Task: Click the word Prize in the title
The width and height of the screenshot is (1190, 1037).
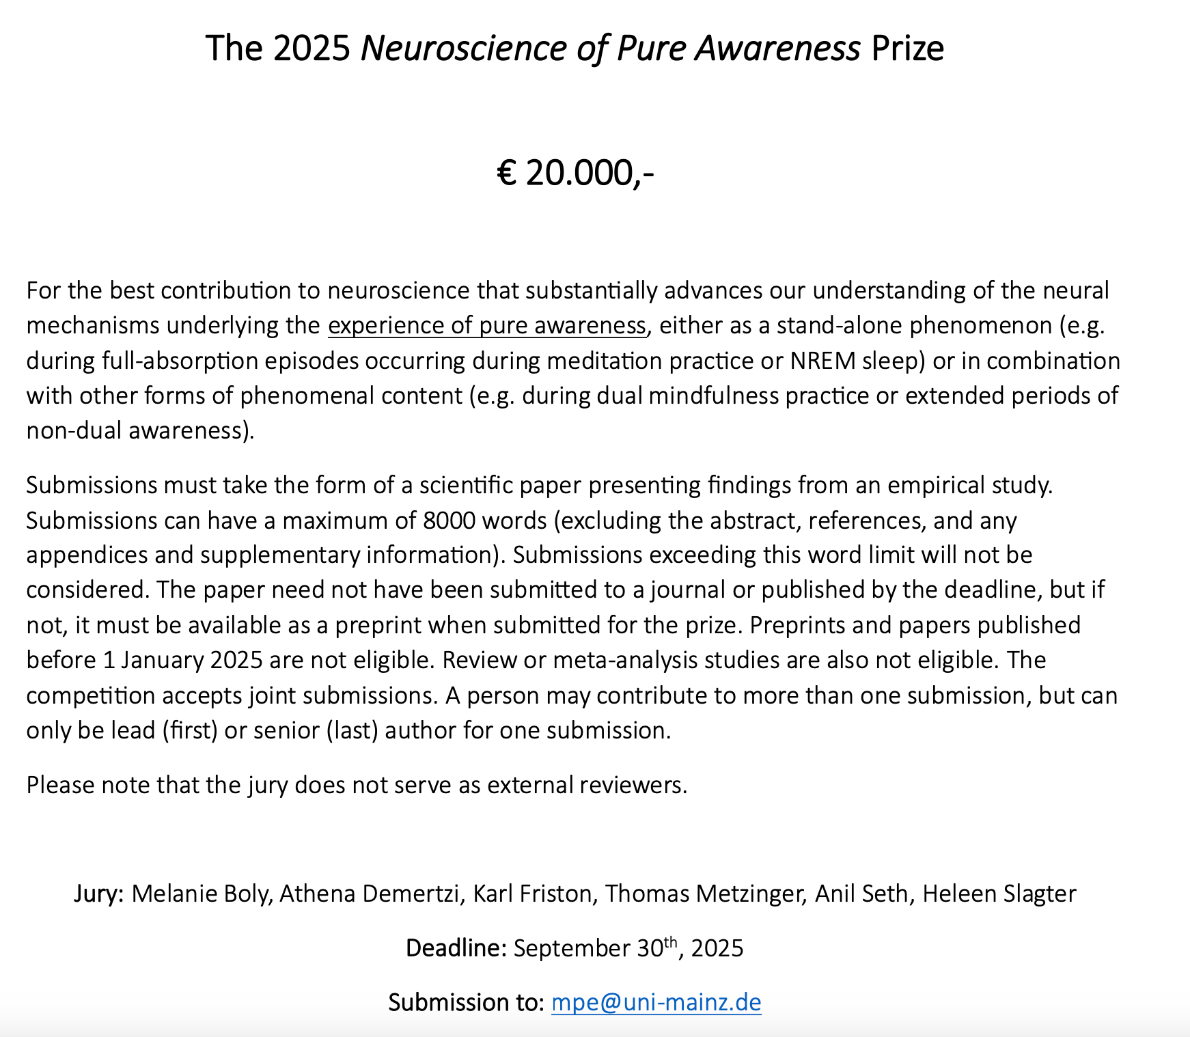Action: pos(907,49)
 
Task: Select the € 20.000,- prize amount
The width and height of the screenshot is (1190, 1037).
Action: pos(575,172)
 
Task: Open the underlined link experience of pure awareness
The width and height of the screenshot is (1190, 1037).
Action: pos(486,325)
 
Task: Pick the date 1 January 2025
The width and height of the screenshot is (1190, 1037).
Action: pos(182,660)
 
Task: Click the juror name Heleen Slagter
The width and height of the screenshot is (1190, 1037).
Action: pos(999,894)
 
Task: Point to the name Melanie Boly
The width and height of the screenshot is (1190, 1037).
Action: pos(201,894)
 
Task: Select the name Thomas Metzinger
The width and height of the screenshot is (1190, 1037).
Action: pos(704,894)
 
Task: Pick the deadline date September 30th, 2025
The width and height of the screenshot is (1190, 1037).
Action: pos(628,948)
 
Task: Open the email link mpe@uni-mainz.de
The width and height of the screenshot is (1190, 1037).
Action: pos(656,1002)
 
